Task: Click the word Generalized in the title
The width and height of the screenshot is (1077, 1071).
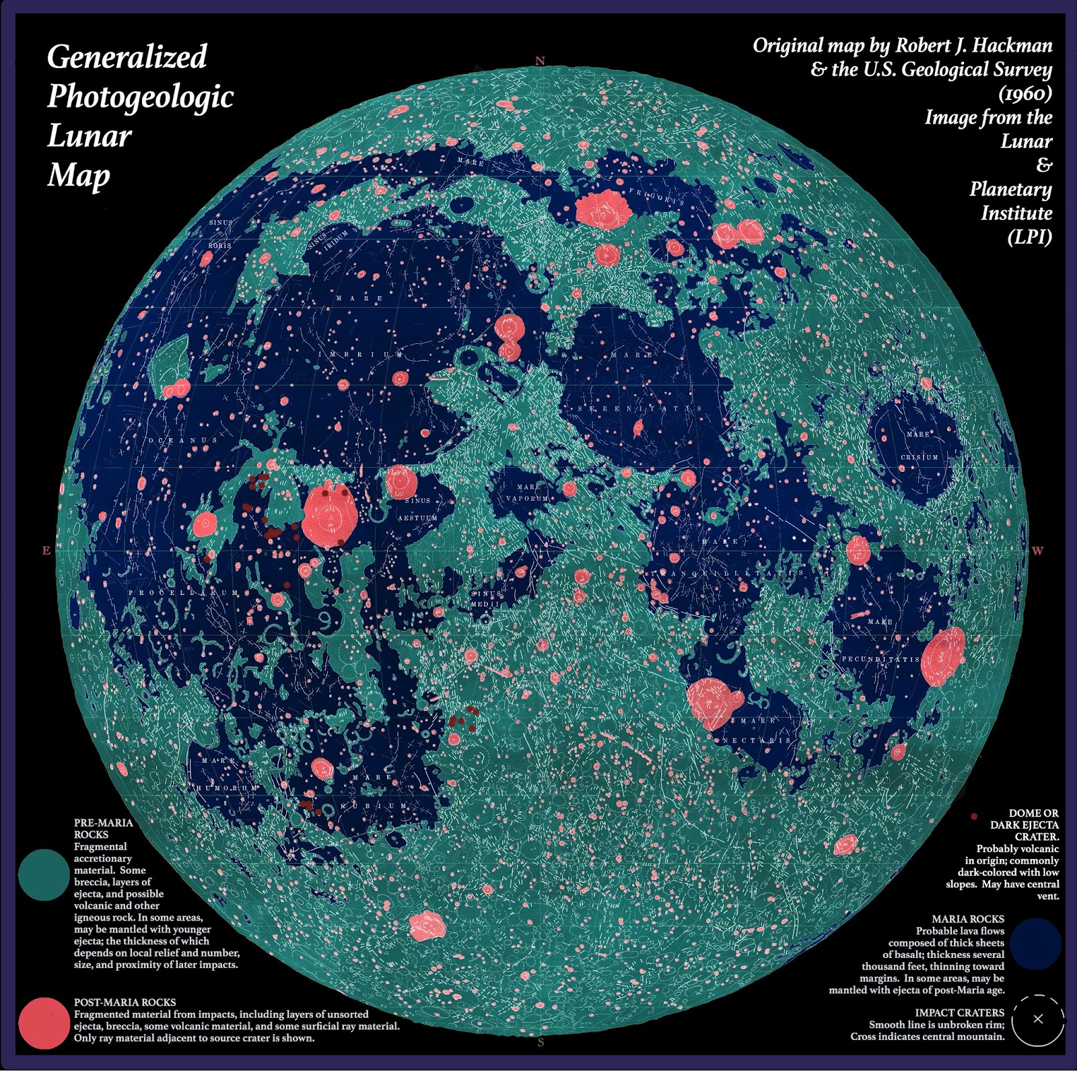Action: coord(127,57)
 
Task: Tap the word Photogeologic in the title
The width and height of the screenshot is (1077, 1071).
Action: coord(140,96)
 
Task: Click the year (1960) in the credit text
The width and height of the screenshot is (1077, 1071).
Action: coord(1025,93)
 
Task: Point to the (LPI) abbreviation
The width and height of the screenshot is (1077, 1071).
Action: coord(1029,237)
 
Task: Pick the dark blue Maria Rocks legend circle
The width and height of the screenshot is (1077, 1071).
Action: coord(1035,944)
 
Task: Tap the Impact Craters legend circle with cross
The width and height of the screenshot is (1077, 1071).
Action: coord(1037,1019)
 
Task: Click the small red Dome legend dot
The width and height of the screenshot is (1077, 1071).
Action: coord(974,816)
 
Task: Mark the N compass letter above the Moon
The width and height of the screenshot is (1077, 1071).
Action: coord(540,61)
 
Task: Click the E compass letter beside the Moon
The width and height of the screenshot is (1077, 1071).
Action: coord(46,551)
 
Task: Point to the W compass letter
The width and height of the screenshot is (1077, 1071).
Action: coord(1037,551)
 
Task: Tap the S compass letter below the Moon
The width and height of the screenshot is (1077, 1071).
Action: coord(541,1043)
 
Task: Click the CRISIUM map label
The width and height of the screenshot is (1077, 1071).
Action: coord(919,457)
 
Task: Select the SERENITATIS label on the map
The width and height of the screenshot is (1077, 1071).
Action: coord(640,409)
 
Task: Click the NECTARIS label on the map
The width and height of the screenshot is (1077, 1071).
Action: coord(757,740)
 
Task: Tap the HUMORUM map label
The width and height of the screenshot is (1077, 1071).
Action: coord(227,787)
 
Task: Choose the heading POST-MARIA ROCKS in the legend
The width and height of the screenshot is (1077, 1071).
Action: coord(125,1002)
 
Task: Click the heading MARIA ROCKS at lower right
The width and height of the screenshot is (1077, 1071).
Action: coord(967,919)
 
